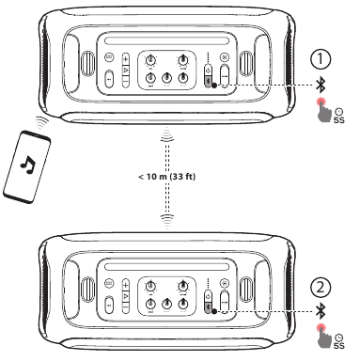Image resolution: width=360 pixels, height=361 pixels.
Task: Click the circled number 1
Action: [321, 59]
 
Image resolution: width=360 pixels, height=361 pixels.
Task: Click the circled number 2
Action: [321, 288]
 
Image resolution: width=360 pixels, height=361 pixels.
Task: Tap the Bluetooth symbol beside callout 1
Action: [321, 86]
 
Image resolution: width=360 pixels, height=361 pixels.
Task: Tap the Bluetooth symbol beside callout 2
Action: [321, 311]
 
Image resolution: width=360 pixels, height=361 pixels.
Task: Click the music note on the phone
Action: [28, 165]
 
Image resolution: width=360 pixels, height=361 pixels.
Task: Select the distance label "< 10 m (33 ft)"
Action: [166, 177]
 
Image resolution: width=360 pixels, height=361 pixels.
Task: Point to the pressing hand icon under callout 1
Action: [324, 110]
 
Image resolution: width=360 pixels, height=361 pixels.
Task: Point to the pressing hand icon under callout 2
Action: [324, 336]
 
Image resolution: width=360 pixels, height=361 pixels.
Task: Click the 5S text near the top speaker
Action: [338, 120]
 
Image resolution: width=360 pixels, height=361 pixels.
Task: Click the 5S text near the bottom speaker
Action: [338, 346]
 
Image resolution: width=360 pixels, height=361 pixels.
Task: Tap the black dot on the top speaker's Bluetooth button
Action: [214, 86]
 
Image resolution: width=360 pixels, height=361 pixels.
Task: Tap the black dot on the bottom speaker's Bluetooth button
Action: [214, 311]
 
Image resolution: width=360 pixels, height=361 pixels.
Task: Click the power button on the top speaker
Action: [208, 70]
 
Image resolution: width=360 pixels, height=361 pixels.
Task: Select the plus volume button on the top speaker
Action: [126, 58]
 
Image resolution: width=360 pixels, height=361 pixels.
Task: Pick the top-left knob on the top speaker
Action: [151, 59]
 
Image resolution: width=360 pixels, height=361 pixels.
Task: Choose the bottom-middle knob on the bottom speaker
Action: [166, 304]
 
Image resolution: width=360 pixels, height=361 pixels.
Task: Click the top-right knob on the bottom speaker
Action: [182, 286]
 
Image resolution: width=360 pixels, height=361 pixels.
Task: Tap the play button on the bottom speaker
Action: [126, 296]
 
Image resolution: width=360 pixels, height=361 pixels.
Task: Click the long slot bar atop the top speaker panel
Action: [167, 41]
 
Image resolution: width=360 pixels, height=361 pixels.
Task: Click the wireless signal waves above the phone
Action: [41, 122]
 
